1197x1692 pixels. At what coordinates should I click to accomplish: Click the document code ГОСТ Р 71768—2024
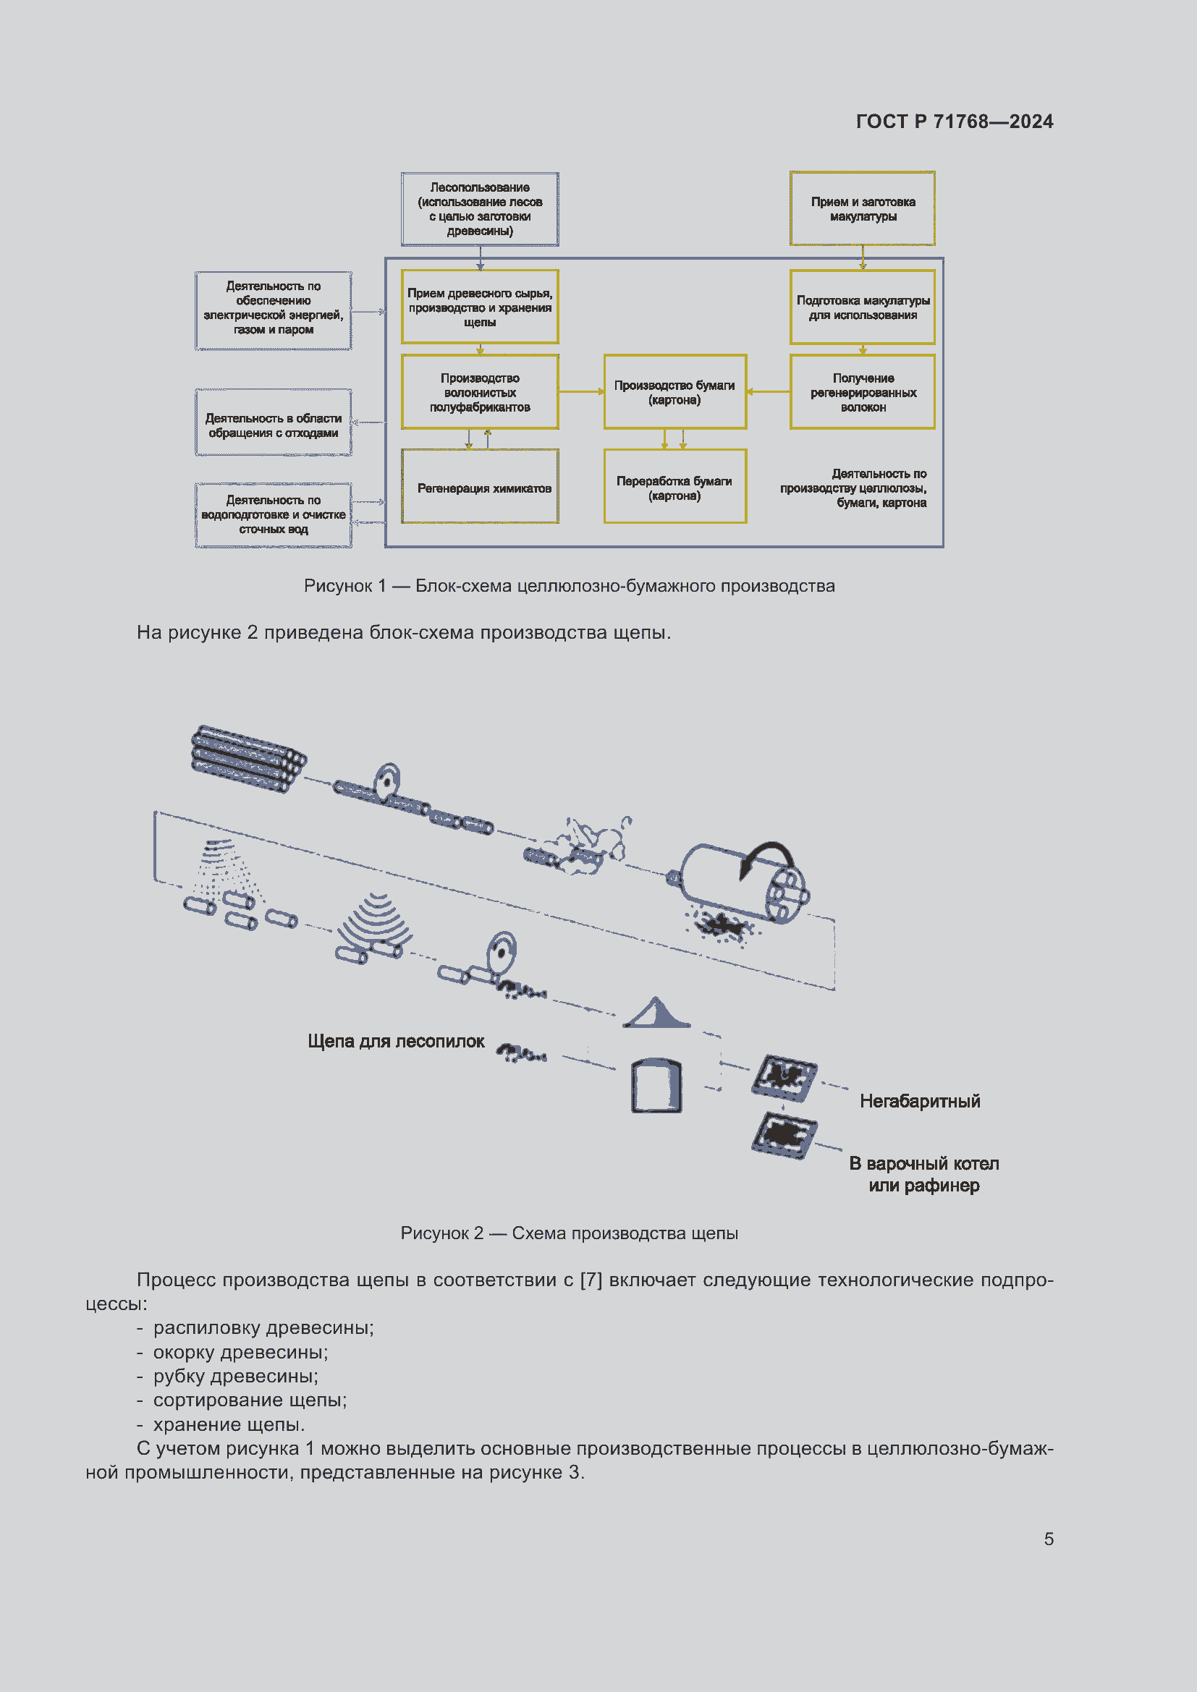tap(954, 122)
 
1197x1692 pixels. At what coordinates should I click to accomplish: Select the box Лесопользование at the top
tap(480, 209)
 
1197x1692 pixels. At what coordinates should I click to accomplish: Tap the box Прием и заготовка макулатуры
tap(863, 208)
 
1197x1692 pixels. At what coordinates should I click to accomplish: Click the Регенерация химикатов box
tap(480, 487)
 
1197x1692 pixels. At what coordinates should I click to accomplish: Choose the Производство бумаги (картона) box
tap(674, 392)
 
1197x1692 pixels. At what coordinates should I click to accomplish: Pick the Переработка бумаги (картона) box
tap(674, 487)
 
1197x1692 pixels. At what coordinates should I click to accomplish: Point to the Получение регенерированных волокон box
tap(863, 392)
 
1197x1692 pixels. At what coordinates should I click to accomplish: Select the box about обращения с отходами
tap(273, 425)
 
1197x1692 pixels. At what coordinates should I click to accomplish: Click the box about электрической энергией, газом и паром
tap(273, 310)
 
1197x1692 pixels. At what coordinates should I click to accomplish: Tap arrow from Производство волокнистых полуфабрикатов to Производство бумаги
tap(581, 391)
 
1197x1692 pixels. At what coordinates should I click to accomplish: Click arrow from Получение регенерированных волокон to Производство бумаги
tap(768, 391)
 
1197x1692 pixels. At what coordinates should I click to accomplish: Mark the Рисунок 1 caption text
tap(569, 586)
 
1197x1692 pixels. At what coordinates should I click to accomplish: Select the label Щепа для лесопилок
tap(396, 1041)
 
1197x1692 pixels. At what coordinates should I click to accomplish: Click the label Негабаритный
tap(919, 1101)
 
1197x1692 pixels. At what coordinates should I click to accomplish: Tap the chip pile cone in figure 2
tap(656, 1014)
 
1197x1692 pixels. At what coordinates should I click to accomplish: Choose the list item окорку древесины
tap(240, 1352)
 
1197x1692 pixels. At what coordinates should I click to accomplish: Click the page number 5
tap(1048, 1539)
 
